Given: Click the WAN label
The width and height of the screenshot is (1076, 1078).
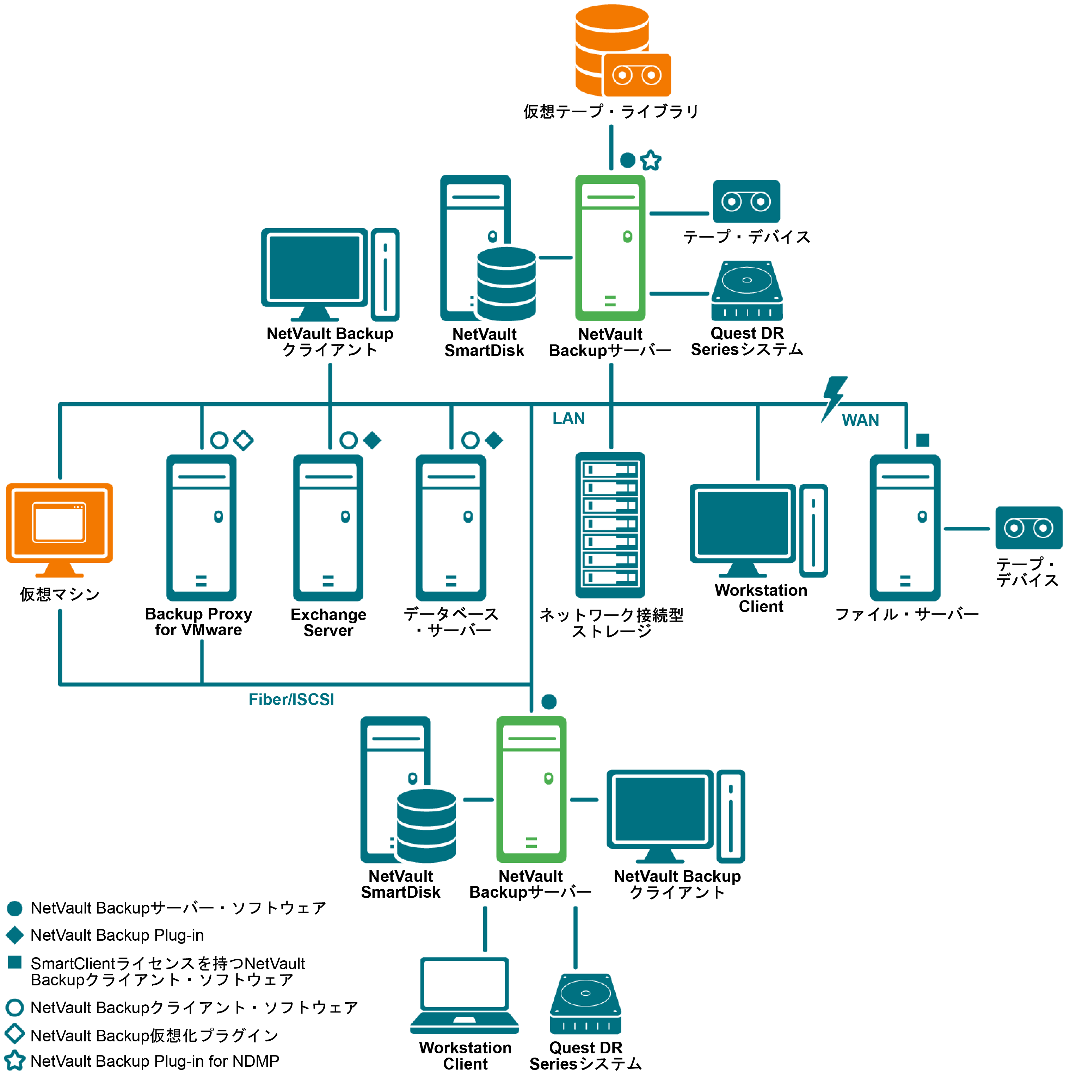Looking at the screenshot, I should click(860, 420).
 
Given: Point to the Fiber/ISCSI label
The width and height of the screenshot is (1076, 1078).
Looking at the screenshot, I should click(291, 700).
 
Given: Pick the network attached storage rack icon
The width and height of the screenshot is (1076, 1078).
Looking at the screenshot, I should click(610, 525).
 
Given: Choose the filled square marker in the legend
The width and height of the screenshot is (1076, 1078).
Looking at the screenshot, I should click(15, 962).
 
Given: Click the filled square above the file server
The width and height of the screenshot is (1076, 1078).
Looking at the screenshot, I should click(922, 440).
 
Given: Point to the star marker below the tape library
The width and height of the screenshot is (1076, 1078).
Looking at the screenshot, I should click(651, 161).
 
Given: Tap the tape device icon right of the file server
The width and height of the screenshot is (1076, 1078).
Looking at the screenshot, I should click(1028, 528).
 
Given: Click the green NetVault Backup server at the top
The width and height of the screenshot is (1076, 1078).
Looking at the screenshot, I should click(610, 248).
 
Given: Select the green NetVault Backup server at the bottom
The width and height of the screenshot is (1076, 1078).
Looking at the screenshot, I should click(531, 790).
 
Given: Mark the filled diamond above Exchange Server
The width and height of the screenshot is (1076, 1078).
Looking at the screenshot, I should click(372, 440).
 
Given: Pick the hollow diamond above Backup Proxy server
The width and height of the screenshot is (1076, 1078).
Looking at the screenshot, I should click(244, 440).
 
